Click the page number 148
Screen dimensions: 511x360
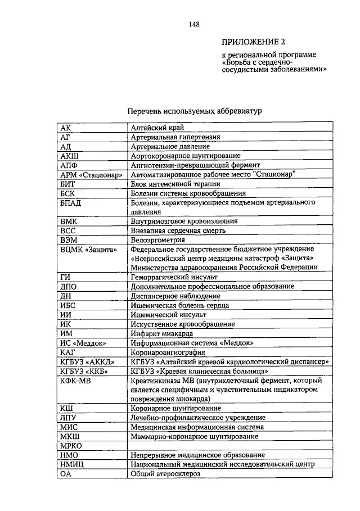[195, 24]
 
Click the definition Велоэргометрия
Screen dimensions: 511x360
[157, 240]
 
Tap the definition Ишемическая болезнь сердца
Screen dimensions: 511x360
[179, 305]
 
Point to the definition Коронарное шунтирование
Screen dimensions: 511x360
[175, 408]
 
